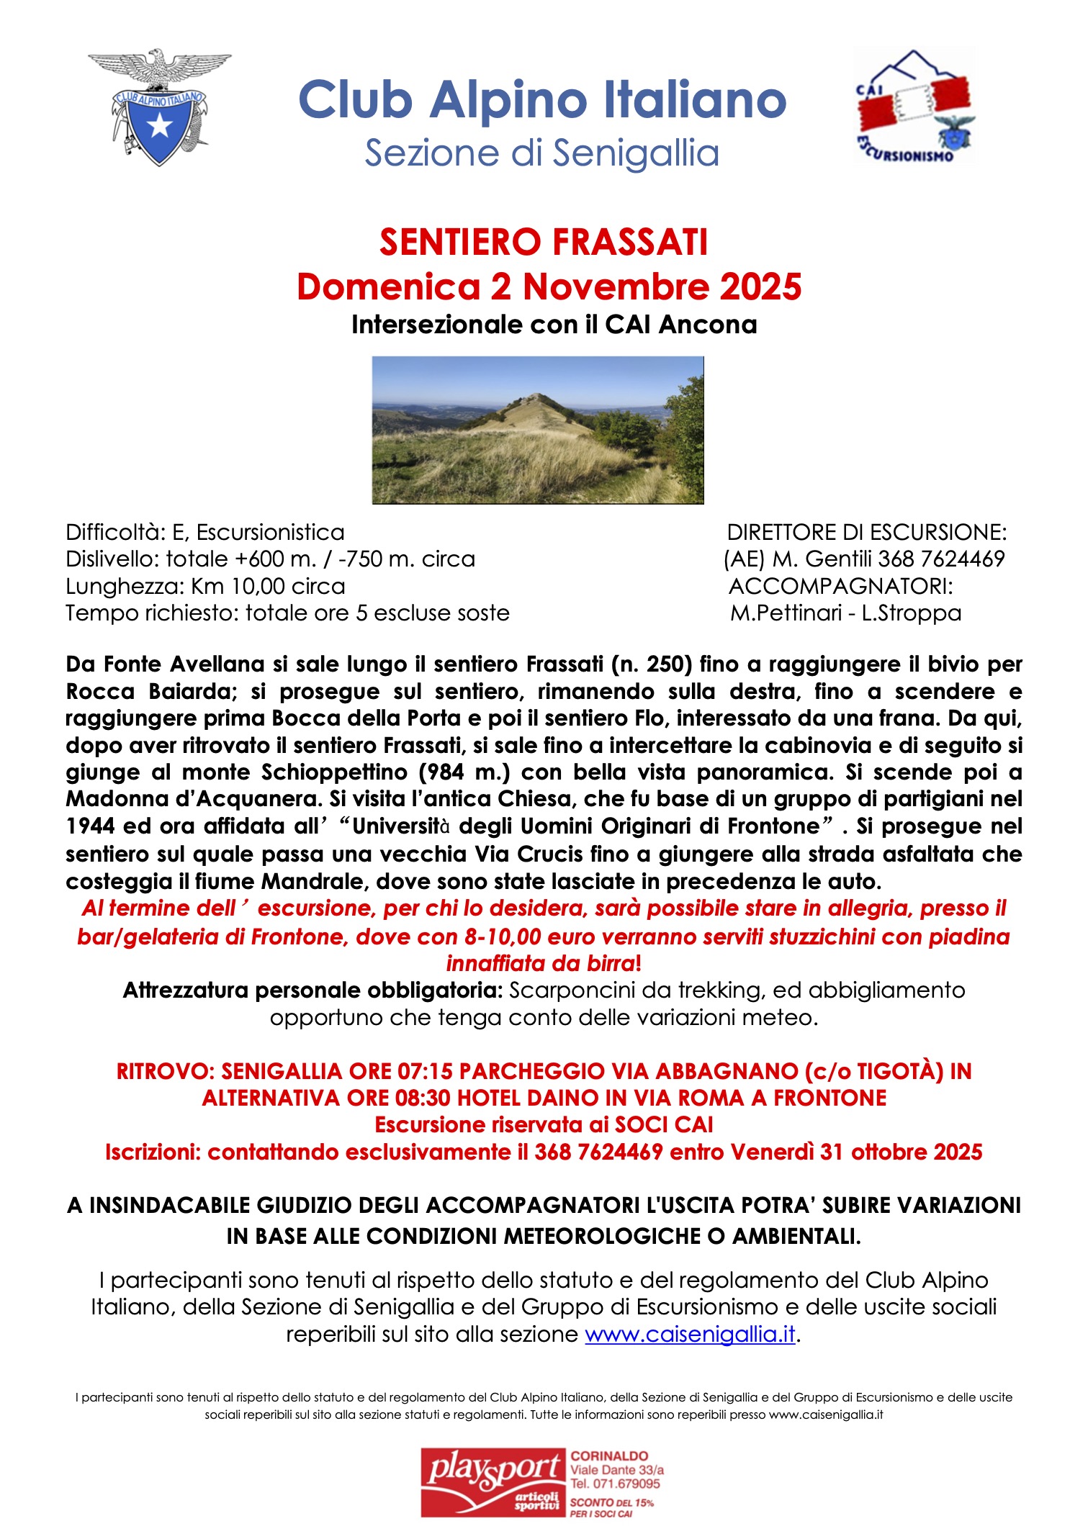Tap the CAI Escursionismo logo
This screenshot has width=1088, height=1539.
point(913,107)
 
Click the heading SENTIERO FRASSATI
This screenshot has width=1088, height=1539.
point(544,242)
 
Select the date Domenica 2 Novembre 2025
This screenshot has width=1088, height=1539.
point(549,286)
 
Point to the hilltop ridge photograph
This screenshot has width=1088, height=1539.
point(537,430)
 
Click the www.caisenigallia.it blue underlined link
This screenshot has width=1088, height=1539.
point(689,1334)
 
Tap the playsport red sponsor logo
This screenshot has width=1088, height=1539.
point(494,1483)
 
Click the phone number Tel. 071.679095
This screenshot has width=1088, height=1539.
point(615,1484)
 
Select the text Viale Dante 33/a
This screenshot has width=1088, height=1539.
point(617,1469)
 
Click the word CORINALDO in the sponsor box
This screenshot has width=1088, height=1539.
point(609,1455)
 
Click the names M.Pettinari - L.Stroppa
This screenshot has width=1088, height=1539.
point(845,613)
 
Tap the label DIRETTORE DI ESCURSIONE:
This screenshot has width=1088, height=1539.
point(866,533)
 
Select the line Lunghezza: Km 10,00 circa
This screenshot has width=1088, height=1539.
point(205,586)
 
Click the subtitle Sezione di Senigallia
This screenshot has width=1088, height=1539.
point(541,153)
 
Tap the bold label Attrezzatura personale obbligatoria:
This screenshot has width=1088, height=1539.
point(313,990)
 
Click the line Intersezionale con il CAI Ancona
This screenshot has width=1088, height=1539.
point(554,325)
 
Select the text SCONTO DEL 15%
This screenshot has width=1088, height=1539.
point(611,1502)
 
